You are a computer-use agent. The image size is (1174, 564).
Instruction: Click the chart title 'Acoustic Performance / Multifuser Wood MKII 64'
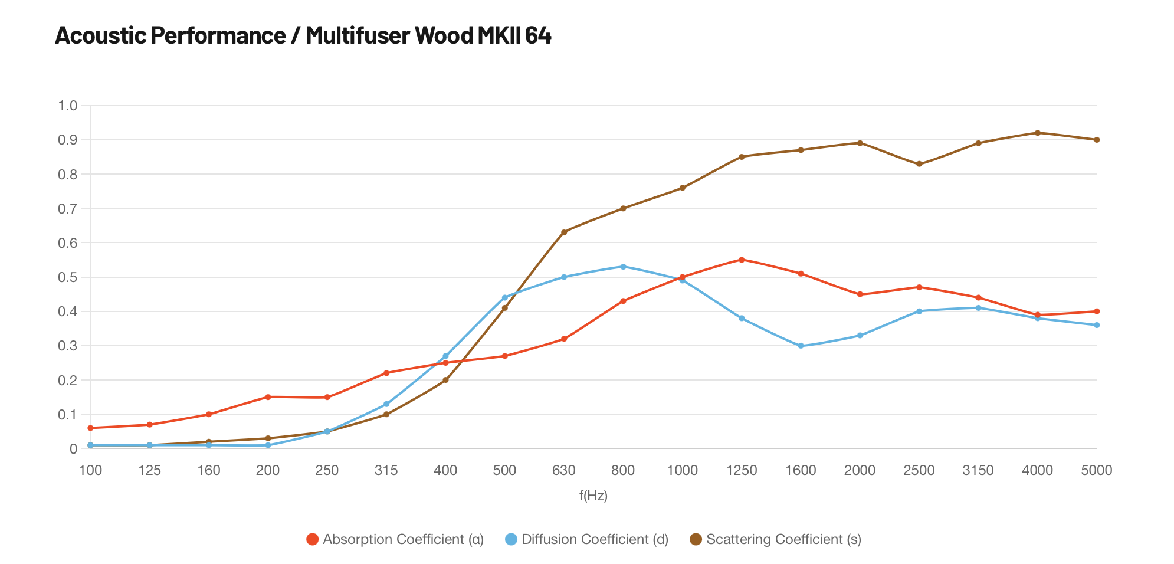click(x=303, y=36)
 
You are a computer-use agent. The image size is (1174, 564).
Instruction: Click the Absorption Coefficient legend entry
click(x=395, y=539)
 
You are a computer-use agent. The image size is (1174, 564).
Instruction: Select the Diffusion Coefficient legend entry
click(x=587, y=539)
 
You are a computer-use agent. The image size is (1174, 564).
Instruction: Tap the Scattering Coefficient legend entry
click(x=776, y=539)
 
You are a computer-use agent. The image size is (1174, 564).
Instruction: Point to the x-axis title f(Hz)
click(x=593, y=496)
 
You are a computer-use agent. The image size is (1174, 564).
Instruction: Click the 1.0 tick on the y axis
click(x=68, y=106)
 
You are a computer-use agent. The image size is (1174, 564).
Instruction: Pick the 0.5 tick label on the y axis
click(x=68, y=277)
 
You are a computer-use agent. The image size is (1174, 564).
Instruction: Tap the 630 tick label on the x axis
click(x=563, y=470)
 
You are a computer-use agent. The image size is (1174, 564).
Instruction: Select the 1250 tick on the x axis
click(x=742, y=470)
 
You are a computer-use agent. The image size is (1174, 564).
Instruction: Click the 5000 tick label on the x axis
click(x=1096, y=470)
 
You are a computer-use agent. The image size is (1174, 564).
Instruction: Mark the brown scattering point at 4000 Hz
click(x=1037, y=133)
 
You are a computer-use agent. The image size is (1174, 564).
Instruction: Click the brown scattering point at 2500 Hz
click(x=919, y=164)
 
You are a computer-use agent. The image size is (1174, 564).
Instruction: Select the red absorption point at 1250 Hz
click(x=742, y=260)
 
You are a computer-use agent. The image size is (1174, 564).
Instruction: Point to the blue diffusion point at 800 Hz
click(x=623, y=267)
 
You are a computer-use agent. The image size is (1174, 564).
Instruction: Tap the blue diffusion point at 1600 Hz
click(x=801, y=346)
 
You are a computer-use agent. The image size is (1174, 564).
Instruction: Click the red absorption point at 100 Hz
click(x=90, y=428)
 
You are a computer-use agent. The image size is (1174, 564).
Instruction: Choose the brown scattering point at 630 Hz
click(x=563, y=232)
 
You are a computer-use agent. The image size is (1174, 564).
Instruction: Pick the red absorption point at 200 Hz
click(x=268, y=397)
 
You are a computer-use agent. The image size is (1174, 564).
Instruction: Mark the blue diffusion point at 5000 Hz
click(x=1097, y=325)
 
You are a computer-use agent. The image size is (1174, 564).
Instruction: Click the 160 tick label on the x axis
click(x=208, y=470)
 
